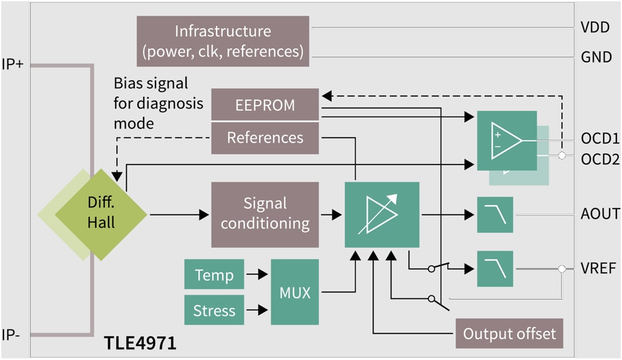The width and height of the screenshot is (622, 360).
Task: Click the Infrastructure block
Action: click(x=223, y=41)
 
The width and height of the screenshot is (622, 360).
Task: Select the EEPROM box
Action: click(x=265, y=104)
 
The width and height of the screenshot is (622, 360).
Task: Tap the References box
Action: click(x=265, y=137)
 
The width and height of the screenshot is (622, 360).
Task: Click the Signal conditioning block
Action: click(x=265, y=214)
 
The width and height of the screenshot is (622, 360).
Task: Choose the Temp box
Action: click(x=214, y=275)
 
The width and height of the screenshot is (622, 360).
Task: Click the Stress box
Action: click(x=214, y=310)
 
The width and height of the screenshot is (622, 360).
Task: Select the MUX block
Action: click(x=295, y=292)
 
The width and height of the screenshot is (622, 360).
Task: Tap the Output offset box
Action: click(x=509, y=333)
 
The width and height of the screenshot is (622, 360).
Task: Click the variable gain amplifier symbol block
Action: click(x=382, y=215)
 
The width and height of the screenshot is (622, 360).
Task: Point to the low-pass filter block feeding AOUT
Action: click(x=495, y=215)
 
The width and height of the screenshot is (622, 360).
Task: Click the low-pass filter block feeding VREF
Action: click(x=495, y=269)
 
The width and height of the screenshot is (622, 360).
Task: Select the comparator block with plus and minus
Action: click(x=507, y=140)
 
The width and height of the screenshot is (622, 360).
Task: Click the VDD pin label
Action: click(x=595, y=27)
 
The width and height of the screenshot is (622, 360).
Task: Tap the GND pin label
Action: click(x=597, y=57)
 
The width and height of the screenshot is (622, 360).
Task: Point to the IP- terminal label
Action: click(x=11, y=333)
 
